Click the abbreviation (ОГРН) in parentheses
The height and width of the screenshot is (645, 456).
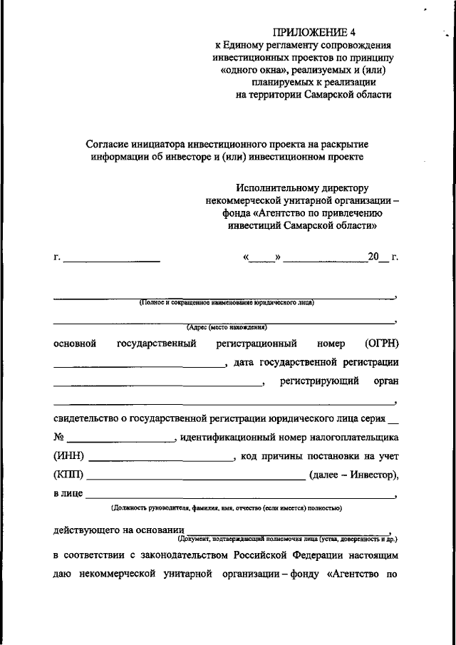click(x=381, y=344)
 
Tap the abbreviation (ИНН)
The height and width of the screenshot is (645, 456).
click(x=68, y=456)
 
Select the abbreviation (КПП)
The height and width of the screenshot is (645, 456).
click(x=68, y=475)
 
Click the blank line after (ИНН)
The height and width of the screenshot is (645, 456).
click(x=160, y=459)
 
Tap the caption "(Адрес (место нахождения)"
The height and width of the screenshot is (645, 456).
click(x=226, y=328)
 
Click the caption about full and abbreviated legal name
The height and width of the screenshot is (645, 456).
click(x=227, y=302)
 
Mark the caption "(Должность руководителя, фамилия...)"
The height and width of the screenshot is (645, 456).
click(x=226, y=508)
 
